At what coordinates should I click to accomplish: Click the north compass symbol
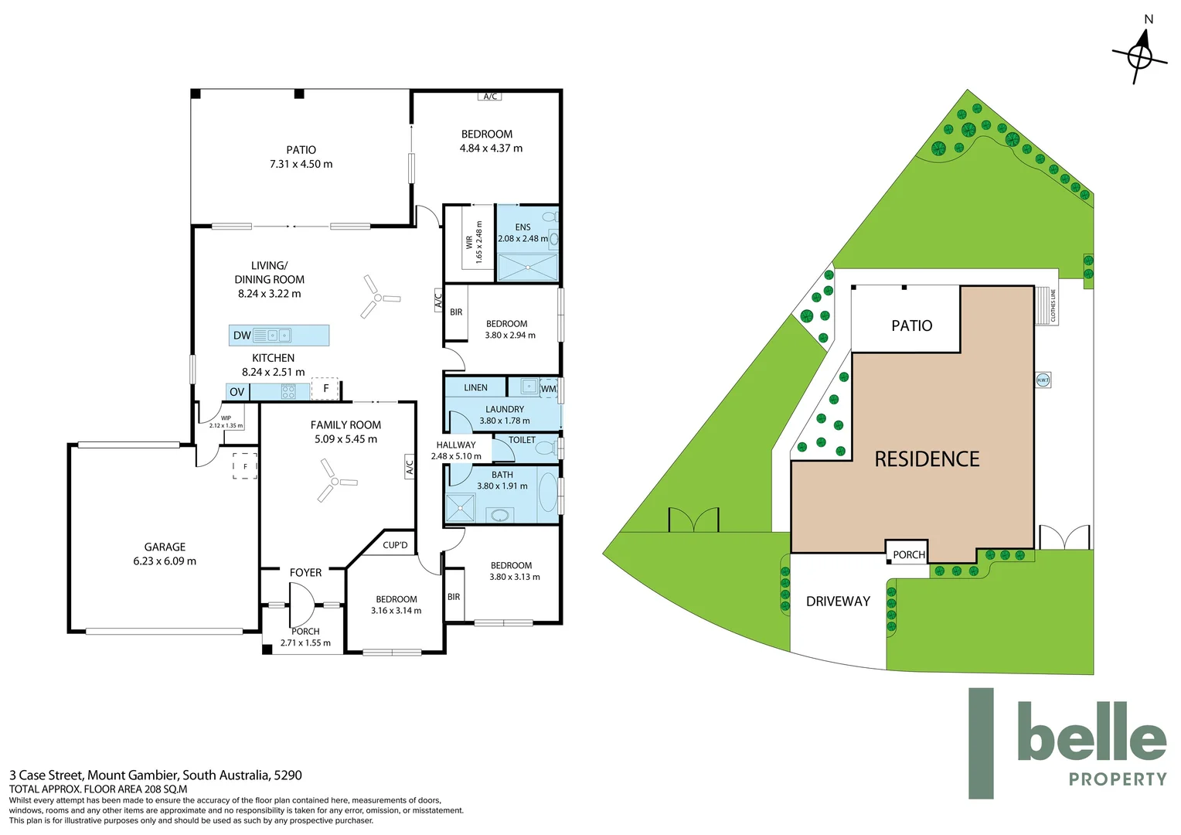point(1139,55)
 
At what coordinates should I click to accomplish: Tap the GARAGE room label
point(165,547)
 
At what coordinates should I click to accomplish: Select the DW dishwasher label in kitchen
point(242,336)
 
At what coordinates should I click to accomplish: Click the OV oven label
point(237,392)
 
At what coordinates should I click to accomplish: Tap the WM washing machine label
point(548,389)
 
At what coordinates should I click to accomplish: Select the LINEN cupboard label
point(475,387)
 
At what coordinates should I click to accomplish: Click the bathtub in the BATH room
point(547,492)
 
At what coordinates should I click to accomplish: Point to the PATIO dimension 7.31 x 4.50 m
point(301,164)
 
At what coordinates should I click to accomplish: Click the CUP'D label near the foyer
point(395,545)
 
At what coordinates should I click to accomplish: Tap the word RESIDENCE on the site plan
point(927,459)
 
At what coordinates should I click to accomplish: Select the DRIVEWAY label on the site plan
point(838,602)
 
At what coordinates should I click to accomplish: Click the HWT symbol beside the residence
point(1043,380)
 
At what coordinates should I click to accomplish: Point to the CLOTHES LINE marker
point(1051,305)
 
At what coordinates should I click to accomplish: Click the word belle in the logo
point(1091,732)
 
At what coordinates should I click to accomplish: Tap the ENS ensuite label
point(523,227)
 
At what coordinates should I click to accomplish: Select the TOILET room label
point(522,440)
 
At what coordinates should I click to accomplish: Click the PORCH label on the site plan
point(908,555)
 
